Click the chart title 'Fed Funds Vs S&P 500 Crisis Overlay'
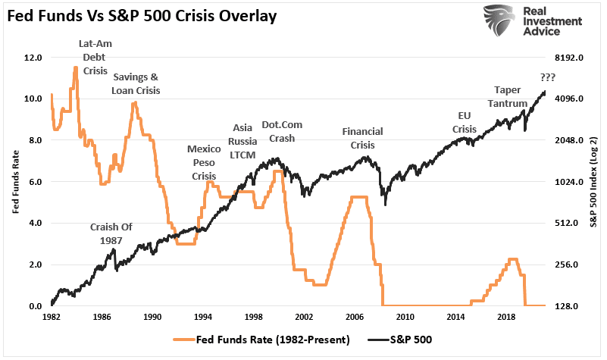pos(143,14)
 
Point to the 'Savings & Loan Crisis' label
pos(136,83)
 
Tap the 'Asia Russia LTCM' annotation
pos(243,141)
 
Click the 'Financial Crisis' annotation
pos(363,137)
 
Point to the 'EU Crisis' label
pos(465,122)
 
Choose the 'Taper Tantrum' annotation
pos(514,96)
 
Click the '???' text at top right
pos(548,77)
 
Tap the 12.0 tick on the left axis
pos(32,58)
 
